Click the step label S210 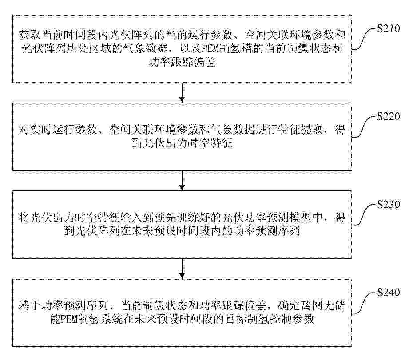(x=389, y=28)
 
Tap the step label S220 (x=389, y=116)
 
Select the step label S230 (x=389, y=204)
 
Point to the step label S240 (x=389, y=293)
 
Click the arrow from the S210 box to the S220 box (x=182, y=93)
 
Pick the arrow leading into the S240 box (x=182, y=269)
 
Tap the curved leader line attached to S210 (x=364, y=39)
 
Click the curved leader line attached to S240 (x=364, y=303)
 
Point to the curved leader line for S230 (x=364, y=215)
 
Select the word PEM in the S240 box (x=70, y=319)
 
